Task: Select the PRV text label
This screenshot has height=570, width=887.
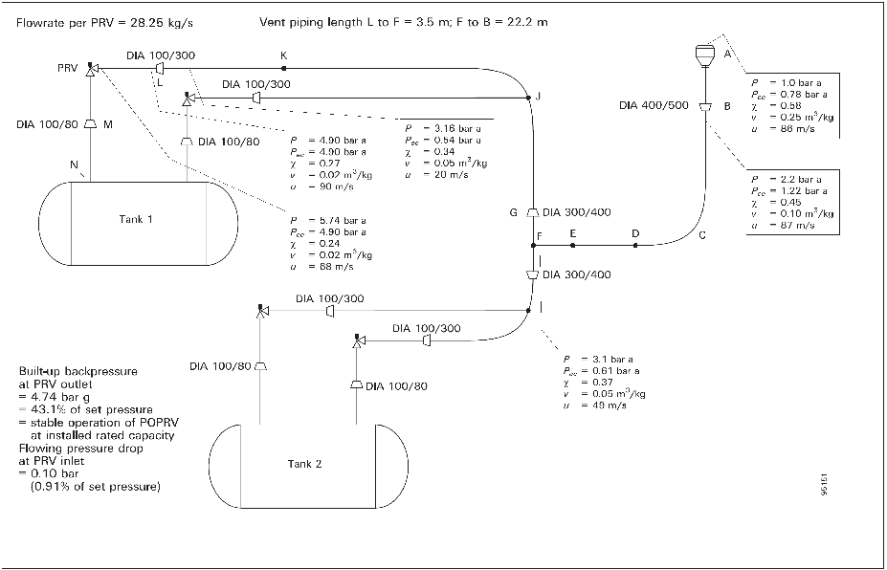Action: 68,69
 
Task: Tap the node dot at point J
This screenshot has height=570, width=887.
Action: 527,97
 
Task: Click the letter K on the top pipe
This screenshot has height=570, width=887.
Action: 283,56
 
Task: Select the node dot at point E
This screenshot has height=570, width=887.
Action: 572,246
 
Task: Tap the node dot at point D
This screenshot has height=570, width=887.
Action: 634,246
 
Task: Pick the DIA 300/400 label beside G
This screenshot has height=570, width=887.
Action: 575,212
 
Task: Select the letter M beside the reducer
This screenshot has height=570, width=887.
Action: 107,124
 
